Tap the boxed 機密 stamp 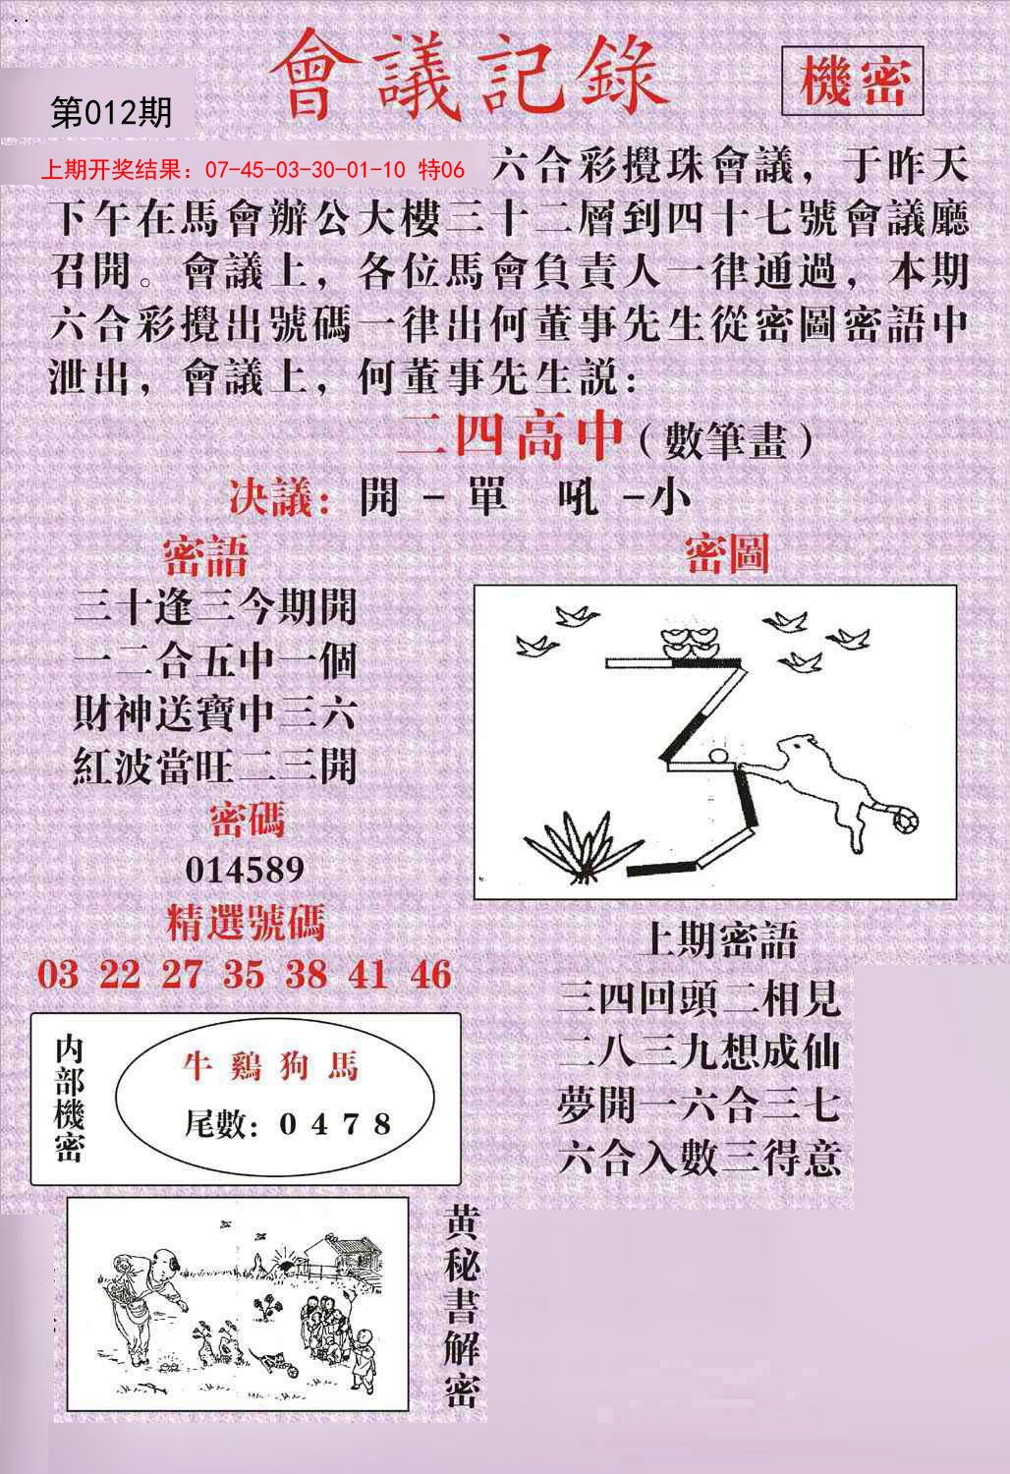pos(852,81)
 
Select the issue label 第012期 pos(110,113)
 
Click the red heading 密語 pos(205,557)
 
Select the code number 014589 pos(245,870)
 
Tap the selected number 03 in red pos(58,975)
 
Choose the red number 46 pos(431,975)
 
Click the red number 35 pos(243,975)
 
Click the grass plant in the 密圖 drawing pos(582,841)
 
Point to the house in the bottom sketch pos(339,1257)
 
